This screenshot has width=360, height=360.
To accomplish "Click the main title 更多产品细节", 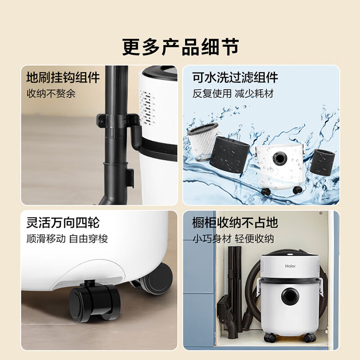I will pyautogui.click(x=180, y=46).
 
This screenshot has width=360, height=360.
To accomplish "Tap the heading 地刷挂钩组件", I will pyautogui.click(x=63, y=77).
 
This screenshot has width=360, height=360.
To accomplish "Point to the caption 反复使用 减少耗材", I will pyautogui.click(x=233, y=94).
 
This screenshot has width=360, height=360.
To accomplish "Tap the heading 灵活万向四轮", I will pyautogui.click(x=63, y=222).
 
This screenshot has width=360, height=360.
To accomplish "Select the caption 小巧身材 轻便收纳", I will pyautogui.click(x=233, y=238).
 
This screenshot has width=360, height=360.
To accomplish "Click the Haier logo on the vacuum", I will pyautogui.click(x=291, y=266).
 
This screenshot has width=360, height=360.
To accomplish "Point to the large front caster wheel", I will pyautogui.click(x=94, y=303).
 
